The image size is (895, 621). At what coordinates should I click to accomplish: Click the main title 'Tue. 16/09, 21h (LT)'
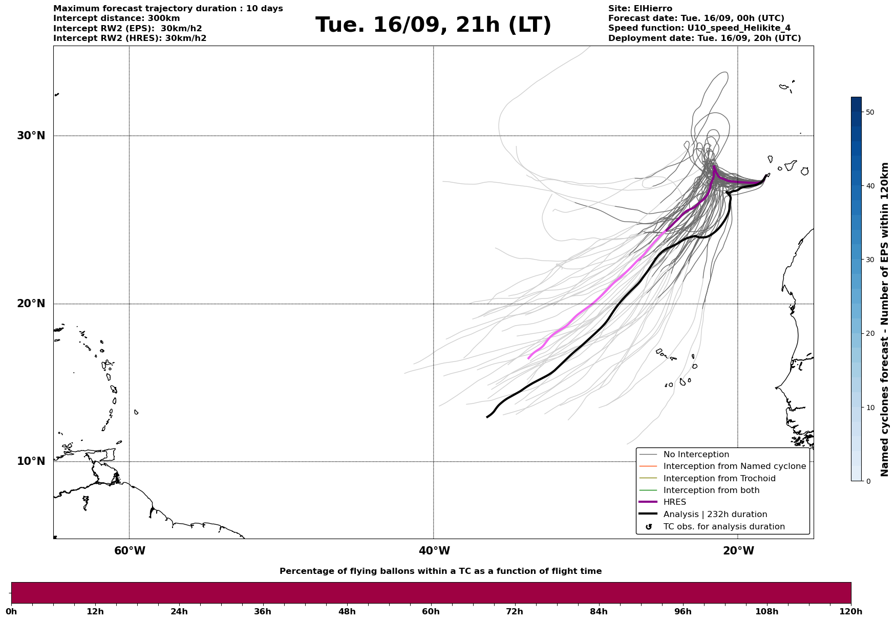point(433,25)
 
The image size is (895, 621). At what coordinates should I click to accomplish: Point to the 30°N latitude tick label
point(31,136)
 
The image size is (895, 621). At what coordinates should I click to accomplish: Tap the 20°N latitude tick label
point(31,304)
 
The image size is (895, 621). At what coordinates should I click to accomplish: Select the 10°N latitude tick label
point(31,461)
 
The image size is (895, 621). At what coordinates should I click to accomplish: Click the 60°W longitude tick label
point(130,551)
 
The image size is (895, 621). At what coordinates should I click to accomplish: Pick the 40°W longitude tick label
point(434,551)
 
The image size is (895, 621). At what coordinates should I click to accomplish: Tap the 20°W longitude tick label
point(738,551)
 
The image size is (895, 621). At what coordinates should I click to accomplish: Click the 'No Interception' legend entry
point(696,455)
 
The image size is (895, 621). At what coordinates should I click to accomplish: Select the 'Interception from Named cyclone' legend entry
point(734,466)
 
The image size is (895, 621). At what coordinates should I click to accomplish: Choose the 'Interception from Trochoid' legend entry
point(719,479)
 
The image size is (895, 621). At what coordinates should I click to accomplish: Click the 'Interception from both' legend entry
point(711,490)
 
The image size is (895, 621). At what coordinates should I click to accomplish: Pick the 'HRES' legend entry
point(674,502)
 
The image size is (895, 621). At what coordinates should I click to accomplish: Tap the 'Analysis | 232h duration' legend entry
point(715,515)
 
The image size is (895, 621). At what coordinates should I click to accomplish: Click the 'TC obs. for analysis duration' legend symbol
point(649,527)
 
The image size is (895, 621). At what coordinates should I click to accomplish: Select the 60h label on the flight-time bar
point(431,611)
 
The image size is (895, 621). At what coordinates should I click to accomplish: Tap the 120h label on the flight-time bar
point(850,611)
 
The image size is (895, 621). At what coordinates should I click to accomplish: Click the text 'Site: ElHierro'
point(640,9)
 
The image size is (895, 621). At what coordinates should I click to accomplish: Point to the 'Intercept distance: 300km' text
point(116,18)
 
